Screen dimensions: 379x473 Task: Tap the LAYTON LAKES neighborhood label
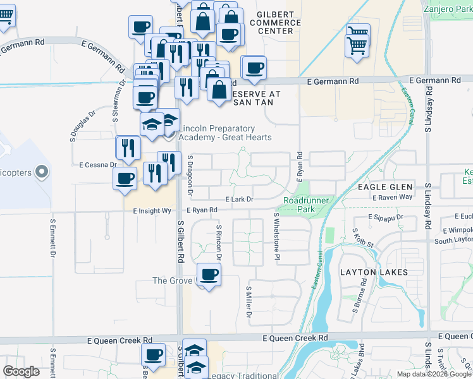(x=374, y=272)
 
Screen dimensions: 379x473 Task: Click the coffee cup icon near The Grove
(x=209, y=275)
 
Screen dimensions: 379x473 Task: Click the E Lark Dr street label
(x=239, y=199)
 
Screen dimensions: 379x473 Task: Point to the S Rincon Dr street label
(x=219, y=243)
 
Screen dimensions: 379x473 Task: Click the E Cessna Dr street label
(x=98, y=165)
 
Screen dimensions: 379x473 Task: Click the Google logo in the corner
(x=21, y=371)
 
